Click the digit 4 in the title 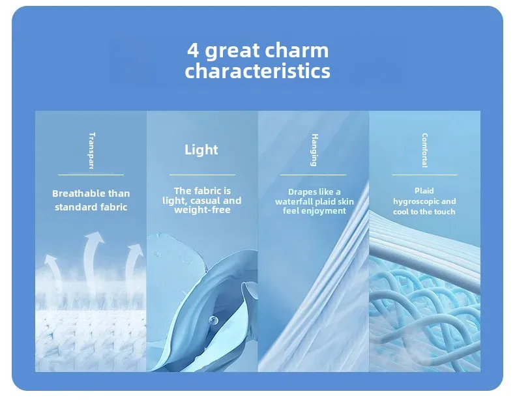193,50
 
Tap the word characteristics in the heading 257,70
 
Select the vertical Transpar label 92,150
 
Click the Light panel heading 201,150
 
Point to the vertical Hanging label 314,150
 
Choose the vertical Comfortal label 424,150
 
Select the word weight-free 202,210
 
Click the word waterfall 294,201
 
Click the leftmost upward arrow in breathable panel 53,272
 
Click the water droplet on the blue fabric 213,319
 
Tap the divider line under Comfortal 424,175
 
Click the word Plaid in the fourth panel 424,191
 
